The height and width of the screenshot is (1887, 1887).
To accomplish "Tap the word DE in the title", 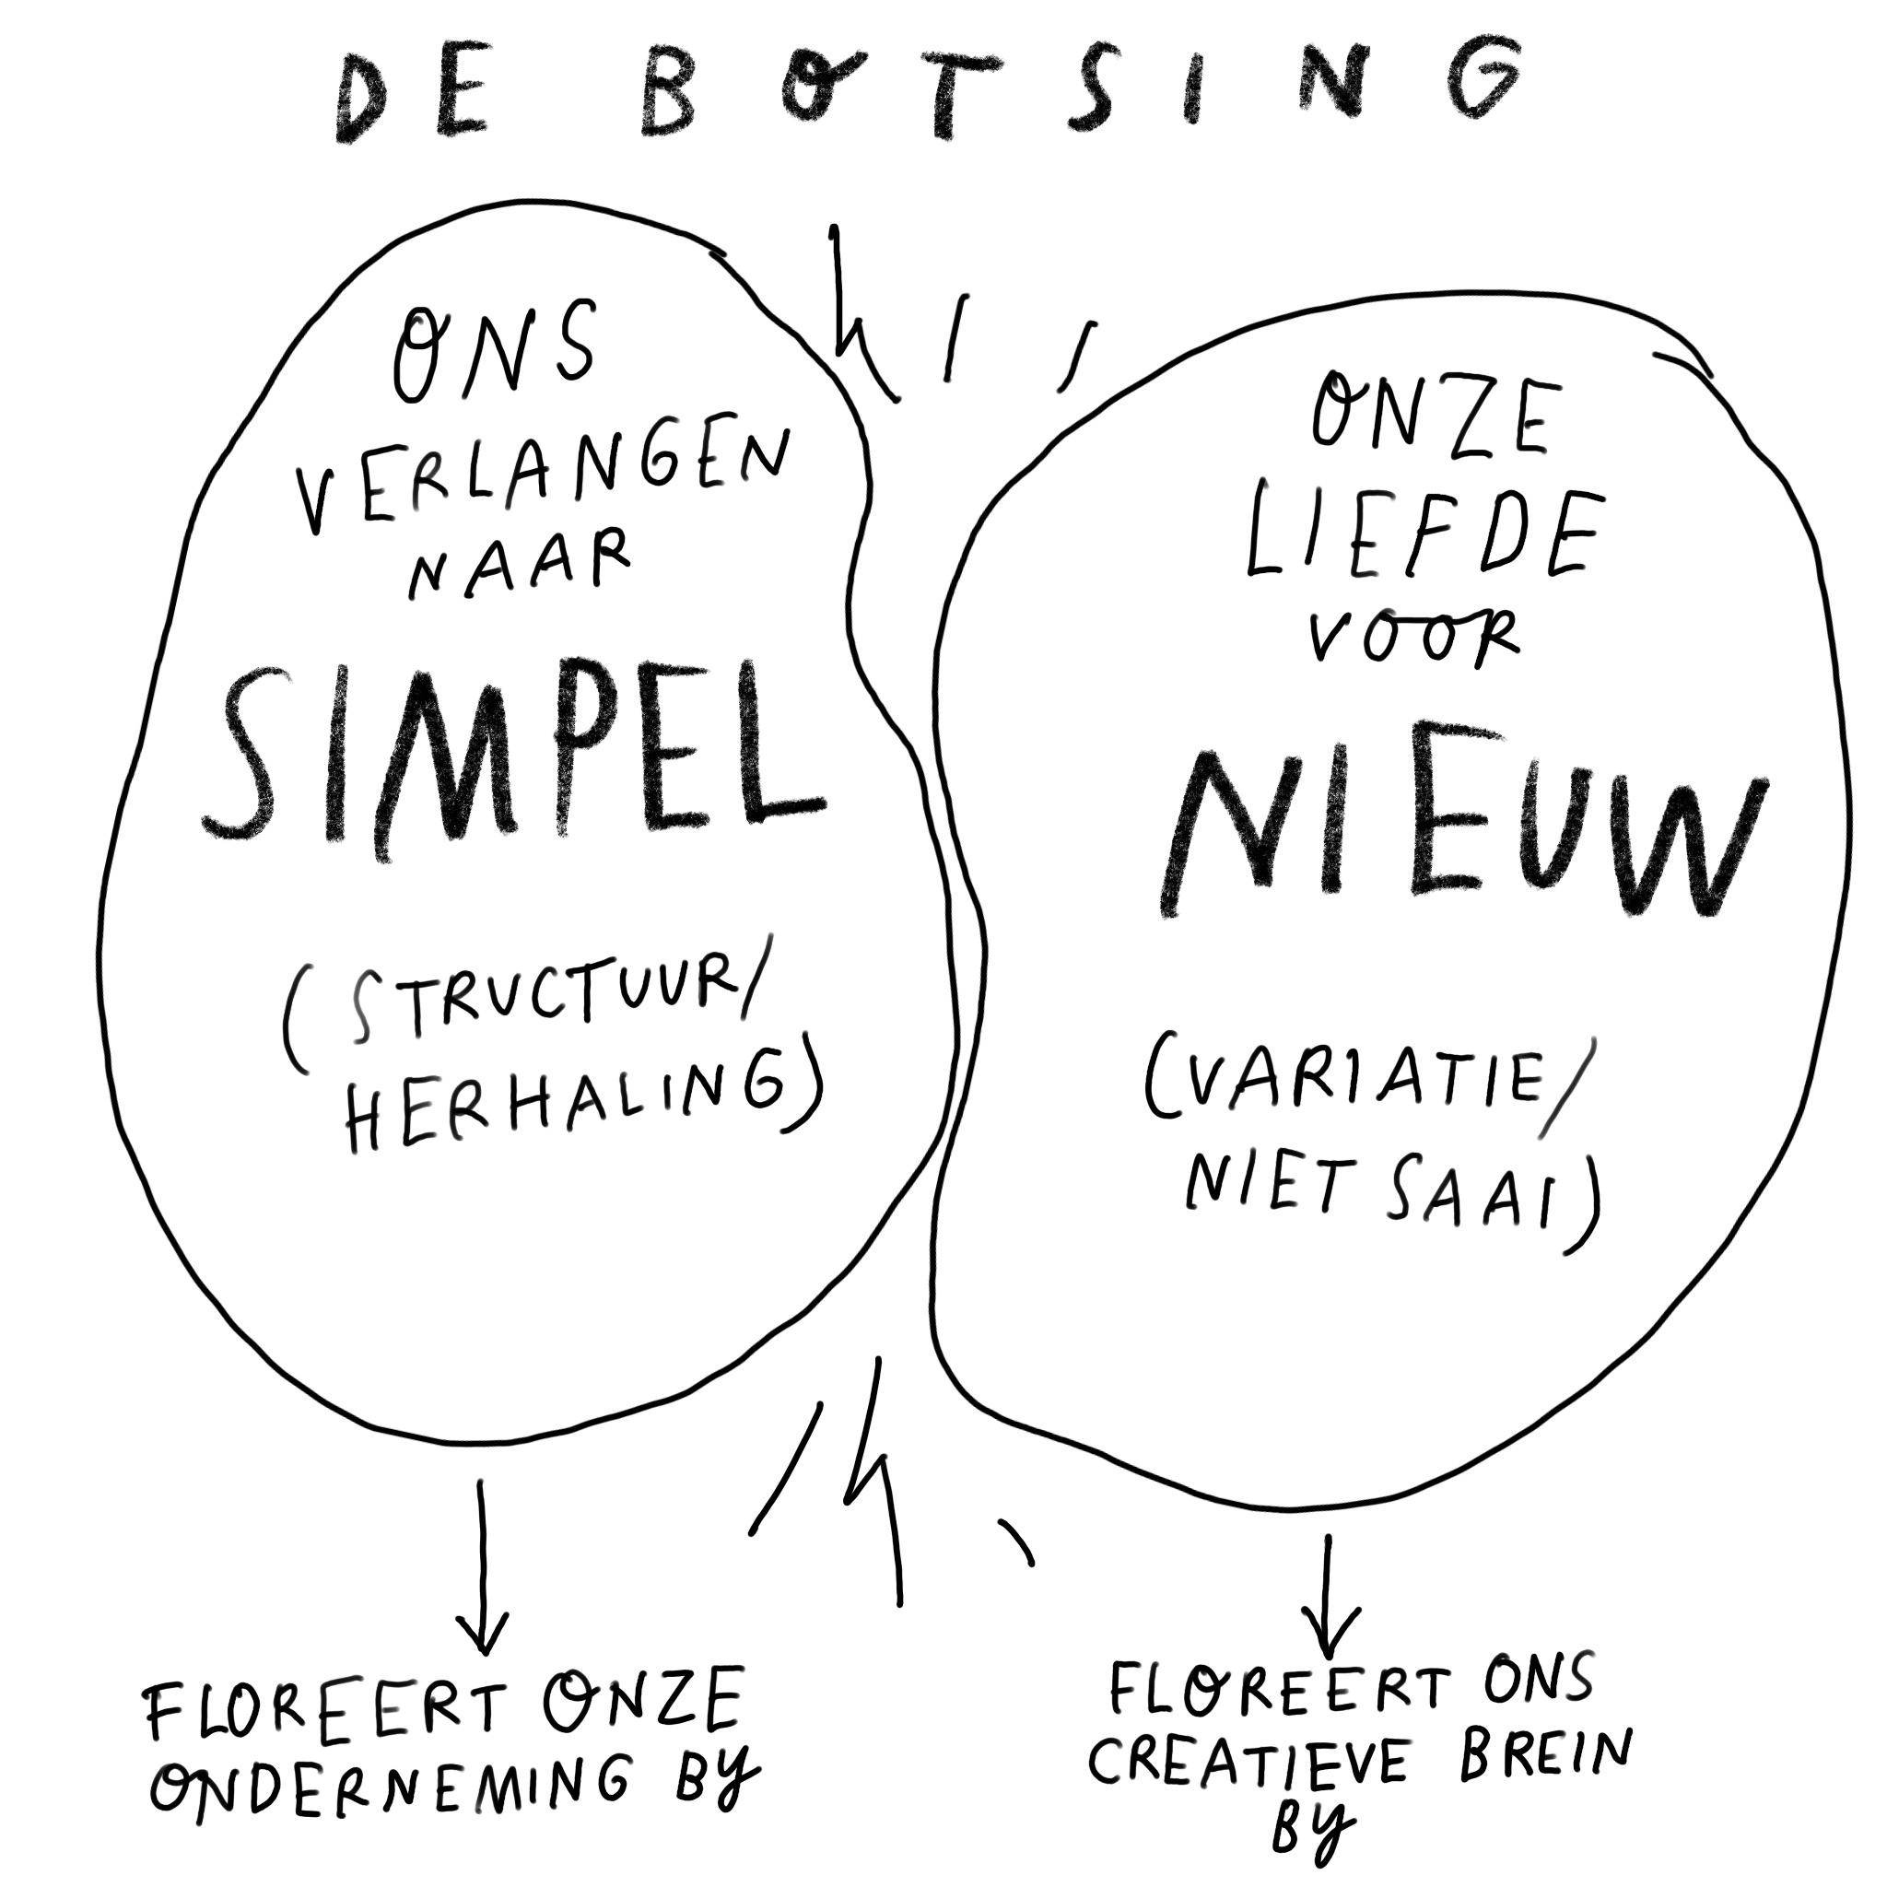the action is tap(411, 98).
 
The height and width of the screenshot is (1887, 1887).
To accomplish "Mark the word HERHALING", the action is tap(567, 1105).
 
